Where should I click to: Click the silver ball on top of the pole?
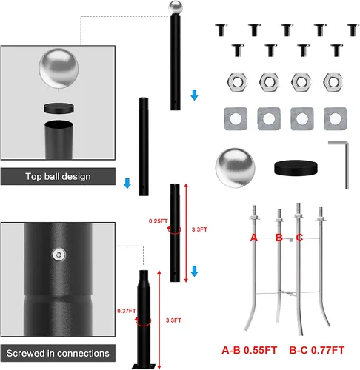tap(176, 7)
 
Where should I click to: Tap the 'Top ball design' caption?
tap(58, 177)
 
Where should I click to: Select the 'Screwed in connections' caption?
tap(58, 353)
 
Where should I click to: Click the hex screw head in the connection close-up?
tap(59, 255)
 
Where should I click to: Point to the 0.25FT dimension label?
tap(158, 221)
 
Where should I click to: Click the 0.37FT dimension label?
tap(127, 311)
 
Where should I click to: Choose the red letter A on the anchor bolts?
tap(254, 238)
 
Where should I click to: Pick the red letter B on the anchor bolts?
tap(279, 238)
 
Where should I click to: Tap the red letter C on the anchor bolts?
tap(299, 238)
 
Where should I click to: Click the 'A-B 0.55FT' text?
tap(250, 350)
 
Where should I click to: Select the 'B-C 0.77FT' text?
tap(317, 350)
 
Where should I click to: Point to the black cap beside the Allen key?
tap(296, 168)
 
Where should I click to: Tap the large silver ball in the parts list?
tap(235, 168)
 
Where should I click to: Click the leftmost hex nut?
tap(237, 81)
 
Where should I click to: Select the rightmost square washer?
tap(335, 118)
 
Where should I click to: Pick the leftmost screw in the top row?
tap(221, 30)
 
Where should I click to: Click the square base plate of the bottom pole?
tap(144, 366)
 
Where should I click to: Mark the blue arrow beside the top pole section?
tap(195, 95)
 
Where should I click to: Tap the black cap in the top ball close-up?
tap(59, 108)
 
